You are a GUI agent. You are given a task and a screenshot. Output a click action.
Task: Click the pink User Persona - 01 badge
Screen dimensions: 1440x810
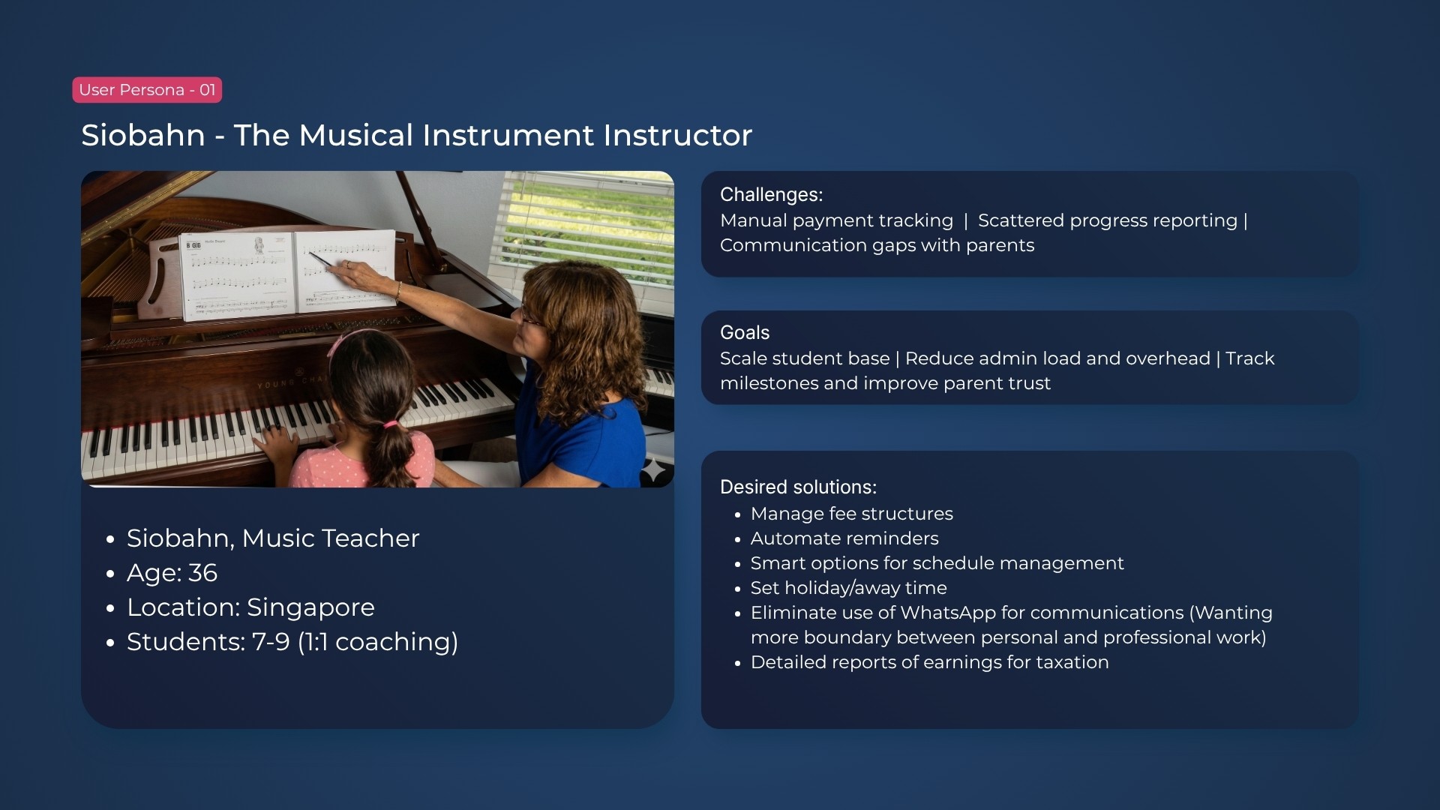click(x=147, y=90)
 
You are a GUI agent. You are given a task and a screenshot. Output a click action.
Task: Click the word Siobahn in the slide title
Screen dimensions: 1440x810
click(x=143, y=136)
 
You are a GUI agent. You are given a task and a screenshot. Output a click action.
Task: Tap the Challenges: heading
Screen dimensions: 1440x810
click(x=771, y=195)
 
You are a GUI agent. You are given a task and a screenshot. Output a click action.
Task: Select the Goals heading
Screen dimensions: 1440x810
click(x=745, y=333)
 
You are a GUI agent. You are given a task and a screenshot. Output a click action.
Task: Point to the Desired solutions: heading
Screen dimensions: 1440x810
click(x=798, y=487)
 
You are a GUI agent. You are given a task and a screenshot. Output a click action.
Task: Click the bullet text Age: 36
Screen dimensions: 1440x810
click(x=172, y=573)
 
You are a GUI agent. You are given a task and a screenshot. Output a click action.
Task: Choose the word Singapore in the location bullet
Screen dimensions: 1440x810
click(x=310, y=608)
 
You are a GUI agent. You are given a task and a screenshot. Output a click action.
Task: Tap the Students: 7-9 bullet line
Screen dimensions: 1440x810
click(x=292, y=642)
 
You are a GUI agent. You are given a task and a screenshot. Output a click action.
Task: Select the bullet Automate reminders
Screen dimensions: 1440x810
click(x=844, y=538)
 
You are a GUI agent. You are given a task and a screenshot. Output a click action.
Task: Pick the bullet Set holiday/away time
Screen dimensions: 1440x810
click(x=849, y=588)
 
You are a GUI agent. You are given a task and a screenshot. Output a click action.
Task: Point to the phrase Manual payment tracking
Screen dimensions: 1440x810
click(x=836, y=221)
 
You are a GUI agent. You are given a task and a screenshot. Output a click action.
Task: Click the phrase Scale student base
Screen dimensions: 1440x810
click(x=805, y=358)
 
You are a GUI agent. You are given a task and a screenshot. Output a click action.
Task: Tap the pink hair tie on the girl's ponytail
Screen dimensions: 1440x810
click(x=389, y=424)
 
